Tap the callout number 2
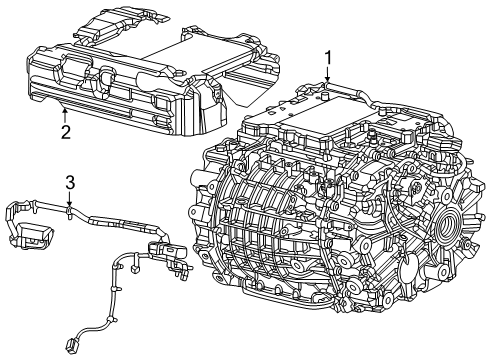(66, 131)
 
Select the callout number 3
(69, 182)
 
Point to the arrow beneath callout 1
(327, 78)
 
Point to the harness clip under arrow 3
(69, 211)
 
